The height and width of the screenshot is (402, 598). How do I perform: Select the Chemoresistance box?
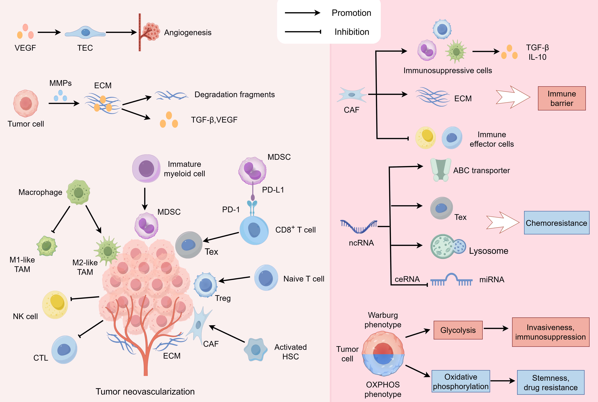556,223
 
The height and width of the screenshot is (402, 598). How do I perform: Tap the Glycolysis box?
458,330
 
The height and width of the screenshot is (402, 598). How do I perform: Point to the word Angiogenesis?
188,33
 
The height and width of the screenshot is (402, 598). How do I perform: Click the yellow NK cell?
55,305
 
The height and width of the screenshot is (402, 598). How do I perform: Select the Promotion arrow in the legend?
302,13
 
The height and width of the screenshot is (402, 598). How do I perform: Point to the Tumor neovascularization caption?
145,391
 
